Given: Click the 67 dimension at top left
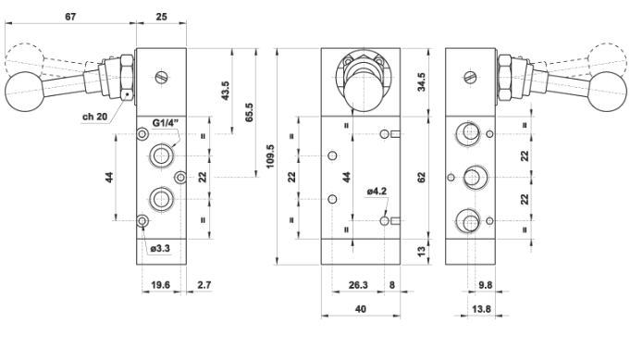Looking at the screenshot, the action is tap(70, 17).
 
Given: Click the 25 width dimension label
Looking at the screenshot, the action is tap(162, 17).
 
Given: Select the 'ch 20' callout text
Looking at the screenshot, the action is tap(94, 117).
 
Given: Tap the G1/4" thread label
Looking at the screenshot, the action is tap(166, 123).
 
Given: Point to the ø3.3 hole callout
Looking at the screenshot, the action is tap(160, 248).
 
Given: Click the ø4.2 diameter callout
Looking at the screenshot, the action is tap(377, 191).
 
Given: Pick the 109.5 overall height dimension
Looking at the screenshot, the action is tap(270, 156).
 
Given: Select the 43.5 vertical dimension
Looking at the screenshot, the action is tap(226, 91).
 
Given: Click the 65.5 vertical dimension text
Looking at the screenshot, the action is tap(249, 112).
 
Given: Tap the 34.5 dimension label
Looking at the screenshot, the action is tap(421, 82).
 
